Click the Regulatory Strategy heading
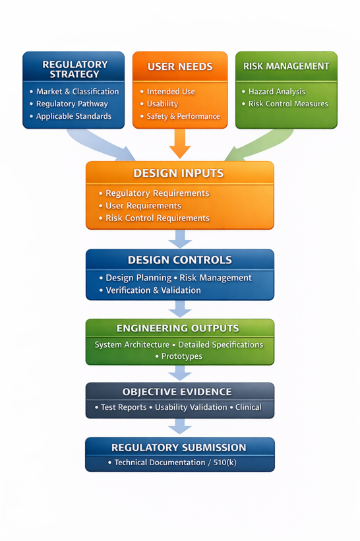click(75, 69)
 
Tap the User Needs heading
click(180, 67)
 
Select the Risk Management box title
click(286, 66)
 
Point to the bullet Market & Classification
click(78, 92)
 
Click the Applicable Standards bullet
click(74, 116)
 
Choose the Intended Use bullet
click(171, 92)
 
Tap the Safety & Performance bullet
click(183, 116)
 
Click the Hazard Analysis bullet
click(277, 92)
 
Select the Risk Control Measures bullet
click(288, 104)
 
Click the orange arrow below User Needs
click(180, 143)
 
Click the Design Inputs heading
click(179, 174)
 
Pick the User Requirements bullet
click(143, 206)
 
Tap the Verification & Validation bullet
click(153, 290)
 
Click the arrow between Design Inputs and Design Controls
click(180, 239)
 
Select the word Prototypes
click(182, 356)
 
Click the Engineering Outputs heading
click(177, 328)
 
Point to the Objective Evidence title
click(177, 392)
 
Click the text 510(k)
click(225, 462)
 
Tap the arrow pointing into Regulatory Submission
click(180, 426)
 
